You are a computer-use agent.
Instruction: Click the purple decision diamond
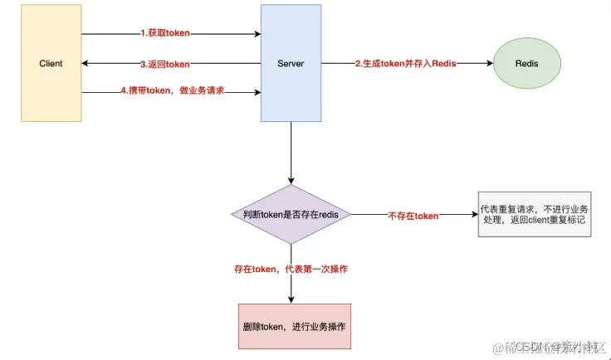tap(291, 214)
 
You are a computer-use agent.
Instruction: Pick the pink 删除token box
tap(291, 326)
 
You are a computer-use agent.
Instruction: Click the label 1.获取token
tap(166, 34)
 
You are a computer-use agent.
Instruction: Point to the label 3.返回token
tap(166, 64)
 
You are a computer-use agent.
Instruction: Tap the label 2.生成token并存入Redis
tap(406, 63)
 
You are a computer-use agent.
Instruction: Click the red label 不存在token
tap(413, 216)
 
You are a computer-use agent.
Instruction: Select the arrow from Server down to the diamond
tap(291, 153)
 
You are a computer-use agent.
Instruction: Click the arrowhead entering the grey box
tap(473, 215)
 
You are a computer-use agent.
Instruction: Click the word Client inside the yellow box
tap(51, 64)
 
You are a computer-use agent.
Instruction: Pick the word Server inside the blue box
tap(291, 64)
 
